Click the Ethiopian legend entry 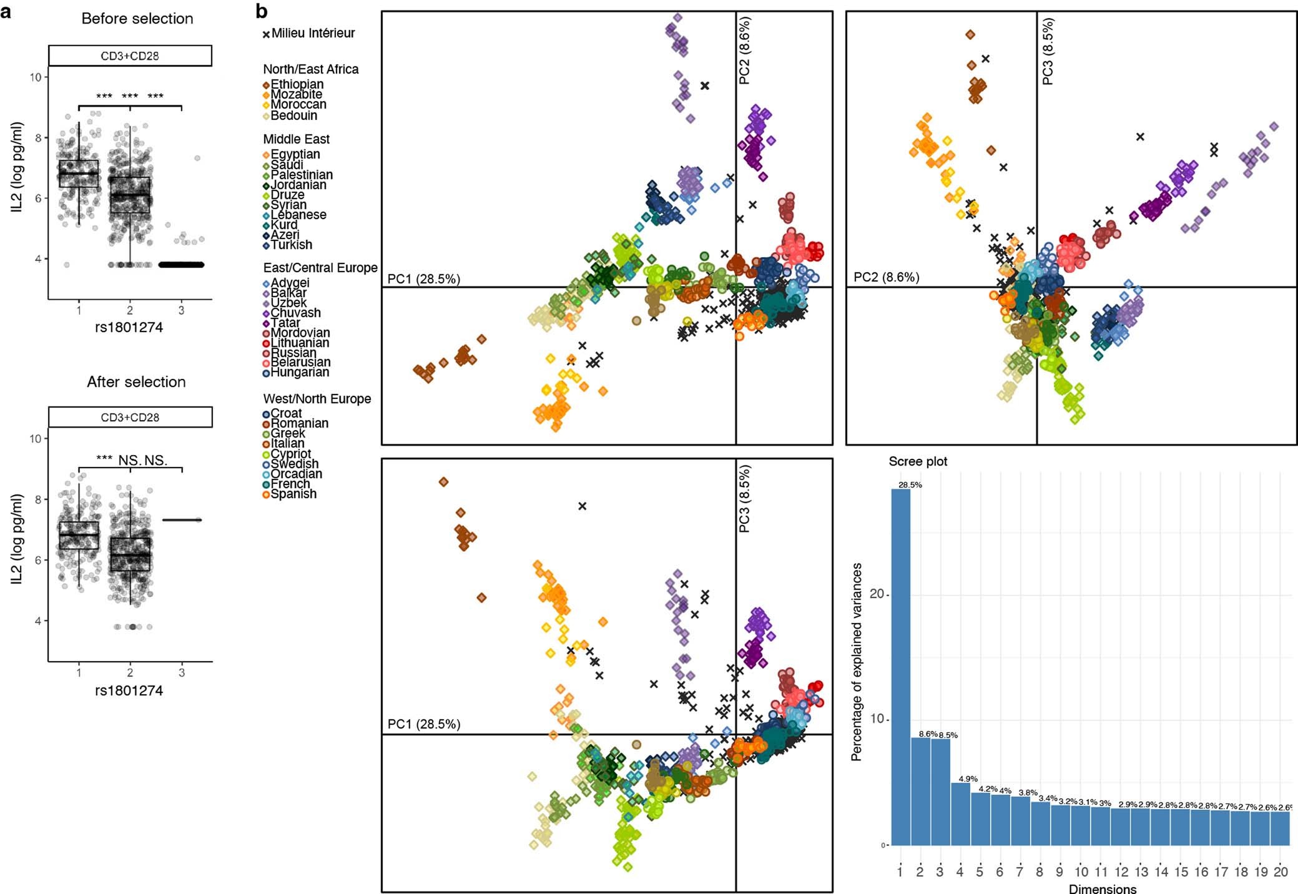click(x=297, y=84)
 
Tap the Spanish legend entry click(x=293, y=494)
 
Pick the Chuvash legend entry click(x=295, y=313)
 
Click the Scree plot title click(x=918, y=461)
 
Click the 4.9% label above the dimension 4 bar click(x=968, y=779)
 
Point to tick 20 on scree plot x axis click(x=1281, y=872)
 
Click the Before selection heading click(x=137, y=19)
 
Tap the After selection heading click(x=136, y=381)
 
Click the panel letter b click(x=262, y=11)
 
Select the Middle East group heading click(x=296, y=139)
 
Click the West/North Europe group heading click(x=317, y=399)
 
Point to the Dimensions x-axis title click(x=1103, y=888)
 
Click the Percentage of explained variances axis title click(x=857, y=662)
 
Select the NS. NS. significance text click(x=143, y=461)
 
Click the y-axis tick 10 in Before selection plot click(x=35, y=77)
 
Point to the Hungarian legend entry click(x=300, y=372)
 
